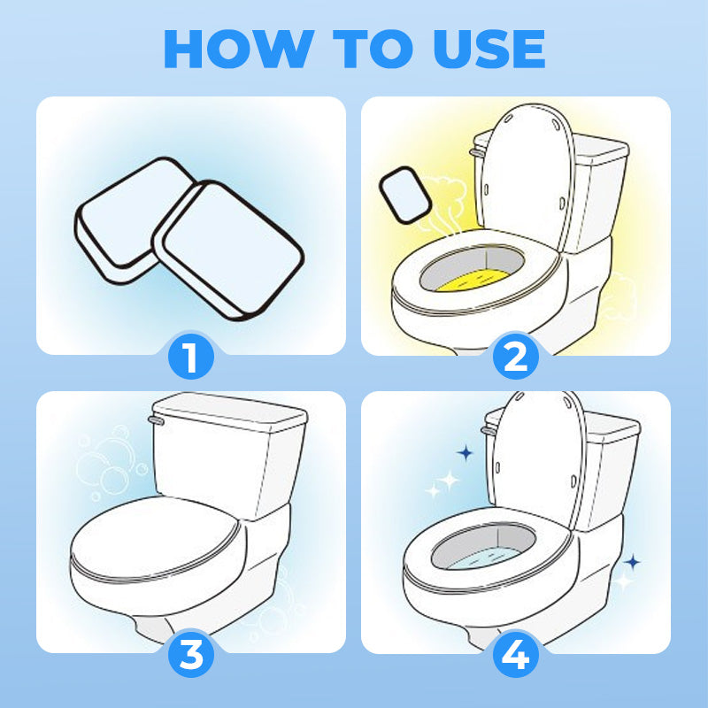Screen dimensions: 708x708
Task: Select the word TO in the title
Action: click(373, 49)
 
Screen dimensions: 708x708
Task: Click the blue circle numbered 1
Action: click(191, 358)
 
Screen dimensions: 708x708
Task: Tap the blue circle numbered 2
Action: click(516, 358)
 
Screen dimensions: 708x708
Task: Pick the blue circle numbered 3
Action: click(191, 655)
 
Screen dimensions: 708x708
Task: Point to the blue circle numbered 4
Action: click(516, 655)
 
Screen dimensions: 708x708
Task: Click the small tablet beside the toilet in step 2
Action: click(405, 195)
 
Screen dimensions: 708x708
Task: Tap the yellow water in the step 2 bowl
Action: click(473, 280)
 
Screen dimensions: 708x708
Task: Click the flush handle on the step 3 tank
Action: click(156, 420)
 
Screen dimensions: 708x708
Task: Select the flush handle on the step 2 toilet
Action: click(477, 152)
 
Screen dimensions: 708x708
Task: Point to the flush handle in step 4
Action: click(489, 430)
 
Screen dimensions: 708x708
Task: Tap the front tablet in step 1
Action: click(229, 250)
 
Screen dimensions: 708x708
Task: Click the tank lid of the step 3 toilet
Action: click(230, 412)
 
